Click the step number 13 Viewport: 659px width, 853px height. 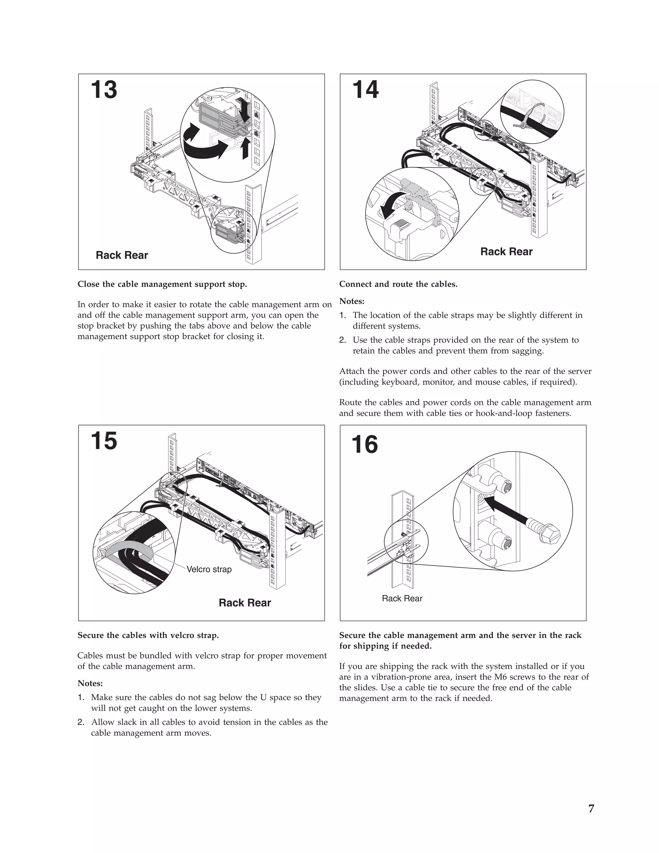[x=104, y=90]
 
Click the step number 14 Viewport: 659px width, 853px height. [x=365, y=90]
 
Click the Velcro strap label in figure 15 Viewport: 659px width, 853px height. [x=209, y=570]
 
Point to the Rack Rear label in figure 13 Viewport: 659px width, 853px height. [x=122, y=255]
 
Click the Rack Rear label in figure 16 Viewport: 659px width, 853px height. [x=402, y=598]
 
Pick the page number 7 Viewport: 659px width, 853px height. [x=591, y=809]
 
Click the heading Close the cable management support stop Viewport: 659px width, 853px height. [x=162, y=284]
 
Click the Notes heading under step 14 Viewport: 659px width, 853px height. [x=352, y=301]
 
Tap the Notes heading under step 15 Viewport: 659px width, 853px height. [x=90, y=683]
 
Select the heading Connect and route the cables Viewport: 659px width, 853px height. [x=398, y=284]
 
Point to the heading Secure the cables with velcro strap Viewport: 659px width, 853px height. [x=148, y=635]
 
